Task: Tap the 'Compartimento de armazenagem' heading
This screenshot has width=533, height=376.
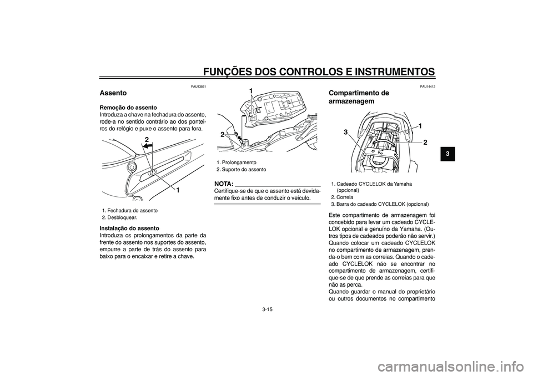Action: (x=359, y=97)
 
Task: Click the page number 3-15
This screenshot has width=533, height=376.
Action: (x=267, y=309)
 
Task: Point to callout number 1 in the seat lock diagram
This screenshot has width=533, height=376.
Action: (x=179, y=190)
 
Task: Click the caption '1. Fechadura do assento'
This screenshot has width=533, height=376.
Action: (x=129, y=210)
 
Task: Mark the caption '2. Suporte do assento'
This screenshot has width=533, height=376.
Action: (x=241, y=169)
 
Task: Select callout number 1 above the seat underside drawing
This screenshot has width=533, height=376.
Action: (x=250, y=90)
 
